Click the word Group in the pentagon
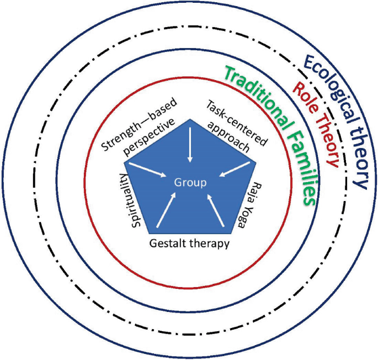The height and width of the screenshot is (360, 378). click(x=190, y=183)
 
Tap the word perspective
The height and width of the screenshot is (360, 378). click(x=149, y=137)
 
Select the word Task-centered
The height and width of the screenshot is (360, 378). click(x=237, y=123)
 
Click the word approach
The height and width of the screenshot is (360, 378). click(x=228, y=136)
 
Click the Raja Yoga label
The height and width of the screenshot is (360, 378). click(x=250, y=205)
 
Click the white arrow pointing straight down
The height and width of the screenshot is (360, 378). click(x=190, y=145)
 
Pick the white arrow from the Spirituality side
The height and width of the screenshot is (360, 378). click(x=166, y=210)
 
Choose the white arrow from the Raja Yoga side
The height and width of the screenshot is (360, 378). click(x=215, y=210)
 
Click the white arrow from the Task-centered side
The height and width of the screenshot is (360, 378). click(x=235, y=169)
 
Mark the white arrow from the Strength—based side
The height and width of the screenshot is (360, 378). click(x=147, y=170)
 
